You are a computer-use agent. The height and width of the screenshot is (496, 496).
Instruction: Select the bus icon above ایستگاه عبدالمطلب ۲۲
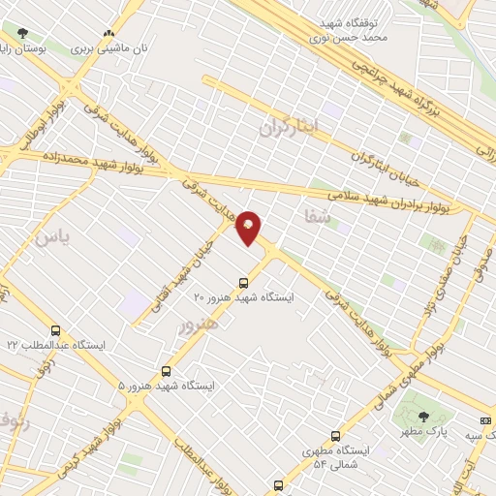pyautogui.click(x=55, y=330)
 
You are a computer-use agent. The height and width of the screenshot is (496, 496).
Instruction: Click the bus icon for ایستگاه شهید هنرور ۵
pyautogui.click(x=167, y=370)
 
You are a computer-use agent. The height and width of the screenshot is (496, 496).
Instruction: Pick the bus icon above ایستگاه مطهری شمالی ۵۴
pyautogui.click(x=335, y=436)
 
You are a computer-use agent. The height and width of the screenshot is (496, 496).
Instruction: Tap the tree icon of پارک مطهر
pyautogui.click(x=422, y=416)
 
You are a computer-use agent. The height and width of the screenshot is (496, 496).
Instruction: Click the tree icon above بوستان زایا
pyautogui.click(x=22, y=34)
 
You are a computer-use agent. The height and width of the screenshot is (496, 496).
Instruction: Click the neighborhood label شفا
pyautogui.click(x=317, y=217)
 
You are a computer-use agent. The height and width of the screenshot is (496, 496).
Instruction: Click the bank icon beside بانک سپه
pyautogui.click(x=485, y=420)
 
